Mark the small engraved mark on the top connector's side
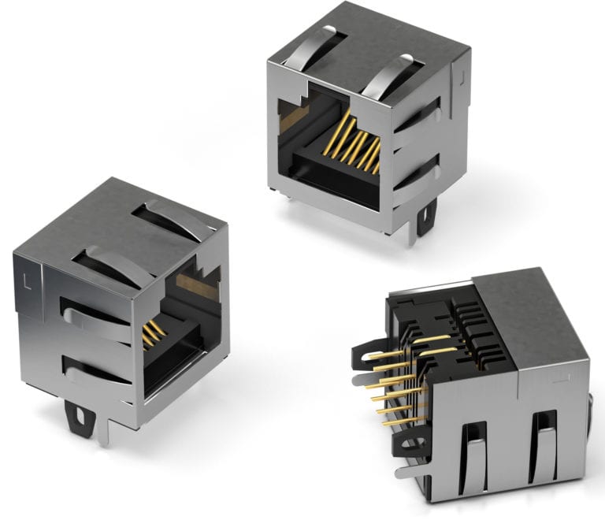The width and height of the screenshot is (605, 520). (x=462, y=78)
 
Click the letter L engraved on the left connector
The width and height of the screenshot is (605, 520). (x=28, y=278)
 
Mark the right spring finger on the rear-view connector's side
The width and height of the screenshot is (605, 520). (x=544, y=441)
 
